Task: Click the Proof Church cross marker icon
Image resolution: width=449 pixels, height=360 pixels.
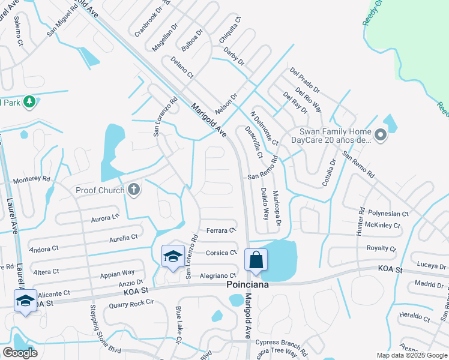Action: tap(134, 190)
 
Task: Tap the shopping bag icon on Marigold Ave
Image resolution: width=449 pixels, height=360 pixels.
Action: tap(256, 260)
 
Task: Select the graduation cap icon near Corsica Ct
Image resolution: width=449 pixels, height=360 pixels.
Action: tap(173, 256)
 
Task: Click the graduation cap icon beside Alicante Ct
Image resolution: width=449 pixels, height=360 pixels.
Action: tap(26, 299)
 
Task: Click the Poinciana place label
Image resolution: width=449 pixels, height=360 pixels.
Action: tap(247, 285)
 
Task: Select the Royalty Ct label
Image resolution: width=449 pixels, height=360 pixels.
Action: tap(382, 248)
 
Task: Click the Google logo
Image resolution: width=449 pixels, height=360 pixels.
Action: tap(20, 352)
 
